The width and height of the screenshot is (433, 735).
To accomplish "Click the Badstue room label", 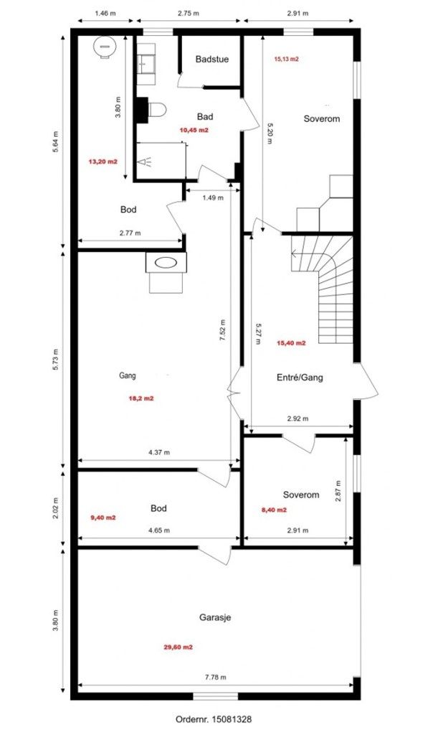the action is click(211, 59).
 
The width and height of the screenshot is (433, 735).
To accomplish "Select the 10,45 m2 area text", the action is click(194, 131).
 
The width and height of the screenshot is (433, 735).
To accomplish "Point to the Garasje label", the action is click(215, 618).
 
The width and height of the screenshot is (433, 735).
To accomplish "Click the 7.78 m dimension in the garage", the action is click(216, 677).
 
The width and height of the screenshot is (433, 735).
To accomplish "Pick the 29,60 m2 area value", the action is click(178, 647).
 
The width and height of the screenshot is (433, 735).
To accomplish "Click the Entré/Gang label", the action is click(300, 378).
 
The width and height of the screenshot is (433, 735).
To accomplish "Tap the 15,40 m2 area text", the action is click(291, 343).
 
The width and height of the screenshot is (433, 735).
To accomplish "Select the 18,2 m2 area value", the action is click(141, 399).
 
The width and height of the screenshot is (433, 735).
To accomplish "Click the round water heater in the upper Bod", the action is click(105, 47).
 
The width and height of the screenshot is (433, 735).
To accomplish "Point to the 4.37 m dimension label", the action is click(158, 452).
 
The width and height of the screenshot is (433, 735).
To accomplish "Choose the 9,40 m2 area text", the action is click(103, 518).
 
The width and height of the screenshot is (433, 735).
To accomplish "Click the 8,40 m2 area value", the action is click(274, 510).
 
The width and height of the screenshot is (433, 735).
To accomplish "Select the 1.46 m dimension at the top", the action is click(105, 13).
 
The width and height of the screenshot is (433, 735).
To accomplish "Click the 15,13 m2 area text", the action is click(287, 59).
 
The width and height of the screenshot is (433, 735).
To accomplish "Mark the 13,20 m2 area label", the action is click(103, 161).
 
